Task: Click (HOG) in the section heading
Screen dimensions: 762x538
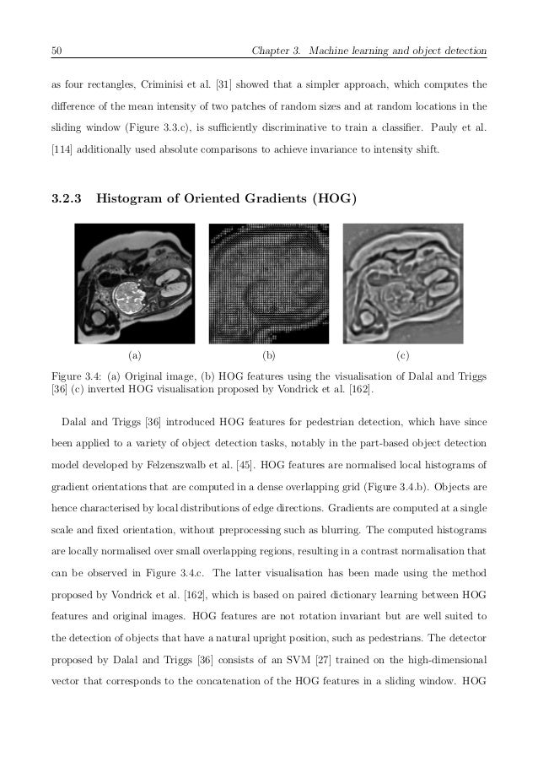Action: point(334,200)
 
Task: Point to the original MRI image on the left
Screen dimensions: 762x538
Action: point(135,283)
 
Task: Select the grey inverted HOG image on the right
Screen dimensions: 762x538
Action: point(403,283)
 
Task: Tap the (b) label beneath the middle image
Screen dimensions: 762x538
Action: point(269,355)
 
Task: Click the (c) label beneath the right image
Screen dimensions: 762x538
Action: point(403,355)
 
